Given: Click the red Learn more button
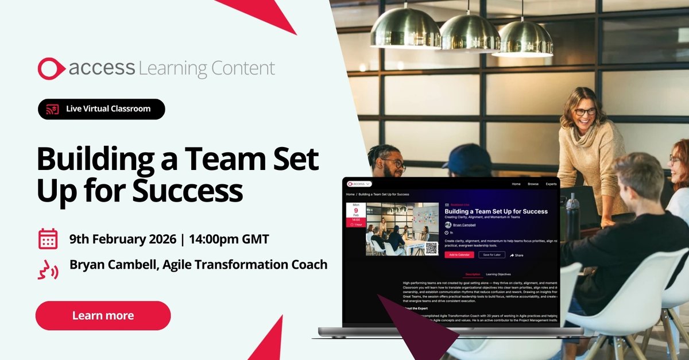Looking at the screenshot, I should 103,315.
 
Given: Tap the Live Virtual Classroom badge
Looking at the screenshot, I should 102,109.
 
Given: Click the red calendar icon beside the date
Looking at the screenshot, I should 48,239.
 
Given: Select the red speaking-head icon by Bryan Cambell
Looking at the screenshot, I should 48,268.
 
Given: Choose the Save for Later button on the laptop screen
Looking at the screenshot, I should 491,254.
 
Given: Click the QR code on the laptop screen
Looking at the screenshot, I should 432,248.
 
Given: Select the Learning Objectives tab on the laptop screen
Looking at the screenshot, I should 498,274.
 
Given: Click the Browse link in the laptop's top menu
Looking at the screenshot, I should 533,184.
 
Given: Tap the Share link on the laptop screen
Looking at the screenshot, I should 517,255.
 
